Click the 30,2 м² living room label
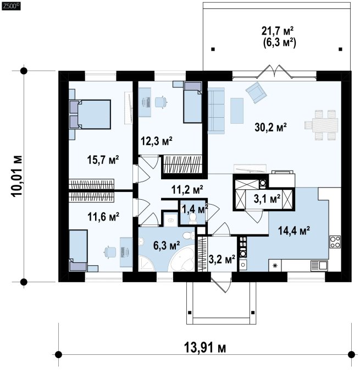[x=270, y=127]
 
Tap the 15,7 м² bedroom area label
[x=103, y=160]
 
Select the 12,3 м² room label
[x=157, y=141]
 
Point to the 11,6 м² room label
[x=103, y=217]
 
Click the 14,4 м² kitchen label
[x=293, y=231]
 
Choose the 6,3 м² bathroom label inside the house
[x=167, y=245]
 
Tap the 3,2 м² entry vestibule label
[x=222, y=259]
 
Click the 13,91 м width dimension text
[x=205, y=348]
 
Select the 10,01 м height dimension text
[x=16, y=176]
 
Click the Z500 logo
[x=11, y=6]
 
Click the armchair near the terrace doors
[x=256, y=92]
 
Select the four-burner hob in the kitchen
[x=335, y=242]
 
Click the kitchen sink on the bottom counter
[x=319, y=266]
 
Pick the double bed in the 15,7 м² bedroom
[x=90, y=114]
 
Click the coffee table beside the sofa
[x=237, y=111]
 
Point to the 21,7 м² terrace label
[x=278, y=31]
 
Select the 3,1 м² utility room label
[x=267, y=199]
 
